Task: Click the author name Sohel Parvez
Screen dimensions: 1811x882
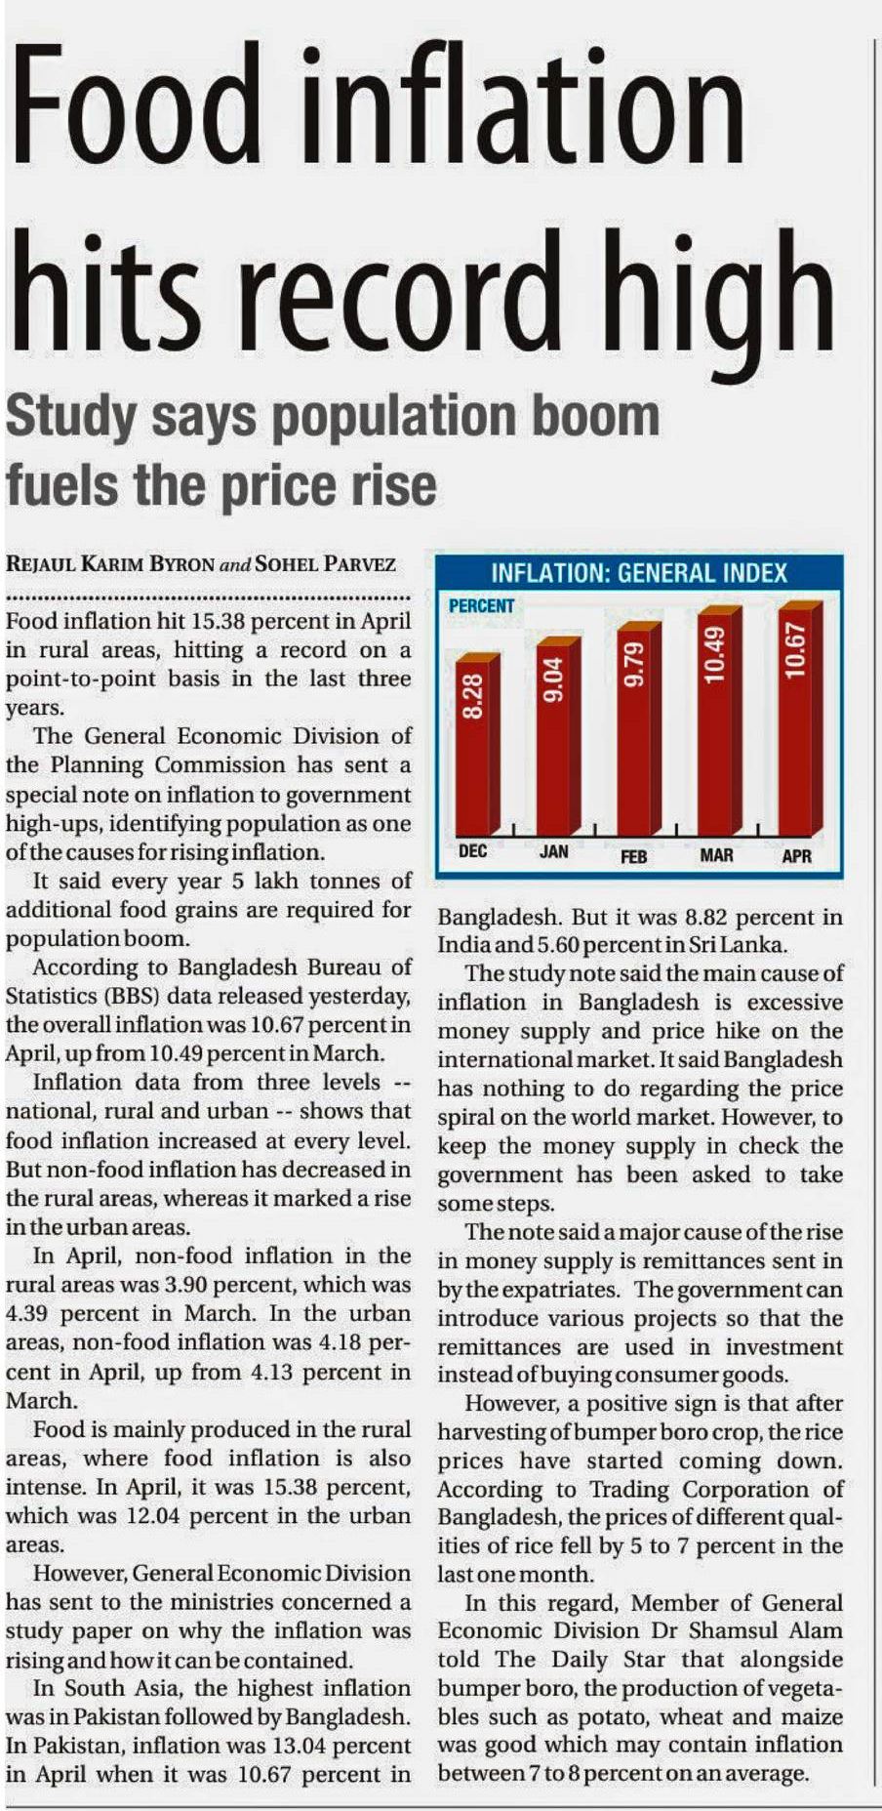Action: tap(327, 564)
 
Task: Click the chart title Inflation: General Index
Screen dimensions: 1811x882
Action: tap(639, 573)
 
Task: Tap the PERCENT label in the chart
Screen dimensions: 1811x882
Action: tap(481, 606)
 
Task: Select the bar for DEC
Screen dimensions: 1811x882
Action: tap(476, 742)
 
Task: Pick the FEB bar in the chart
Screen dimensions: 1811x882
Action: tap(636, 722)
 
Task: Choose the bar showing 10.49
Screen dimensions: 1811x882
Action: tap(717, 718)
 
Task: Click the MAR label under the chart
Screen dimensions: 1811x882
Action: tap(717, 856)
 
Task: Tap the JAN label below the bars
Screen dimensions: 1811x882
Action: tap(554, 851)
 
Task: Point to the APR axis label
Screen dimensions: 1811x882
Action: tap(797, 857)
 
